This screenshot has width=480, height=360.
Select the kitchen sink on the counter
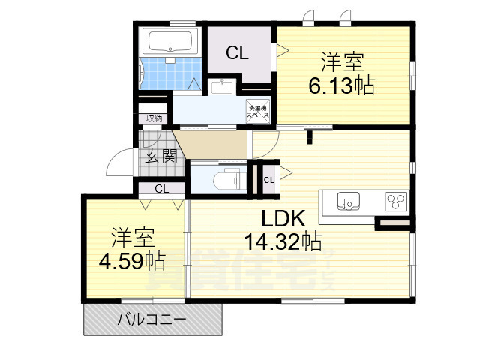click(347, 201)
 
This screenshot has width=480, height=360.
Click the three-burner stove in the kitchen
click(396, 200)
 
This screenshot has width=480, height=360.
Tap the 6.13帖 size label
click(342, 85)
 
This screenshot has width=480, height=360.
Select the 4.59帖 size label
click(134, 260)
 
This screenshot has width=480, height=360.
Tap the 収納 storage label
click(154, 118)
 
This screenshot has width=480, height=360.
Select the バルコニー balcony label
click(151, 320)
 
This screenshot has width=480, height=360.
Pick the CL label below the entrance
click(161, 189)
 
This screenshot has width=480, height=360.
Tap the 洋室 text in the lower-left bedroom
click(133, 237)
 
